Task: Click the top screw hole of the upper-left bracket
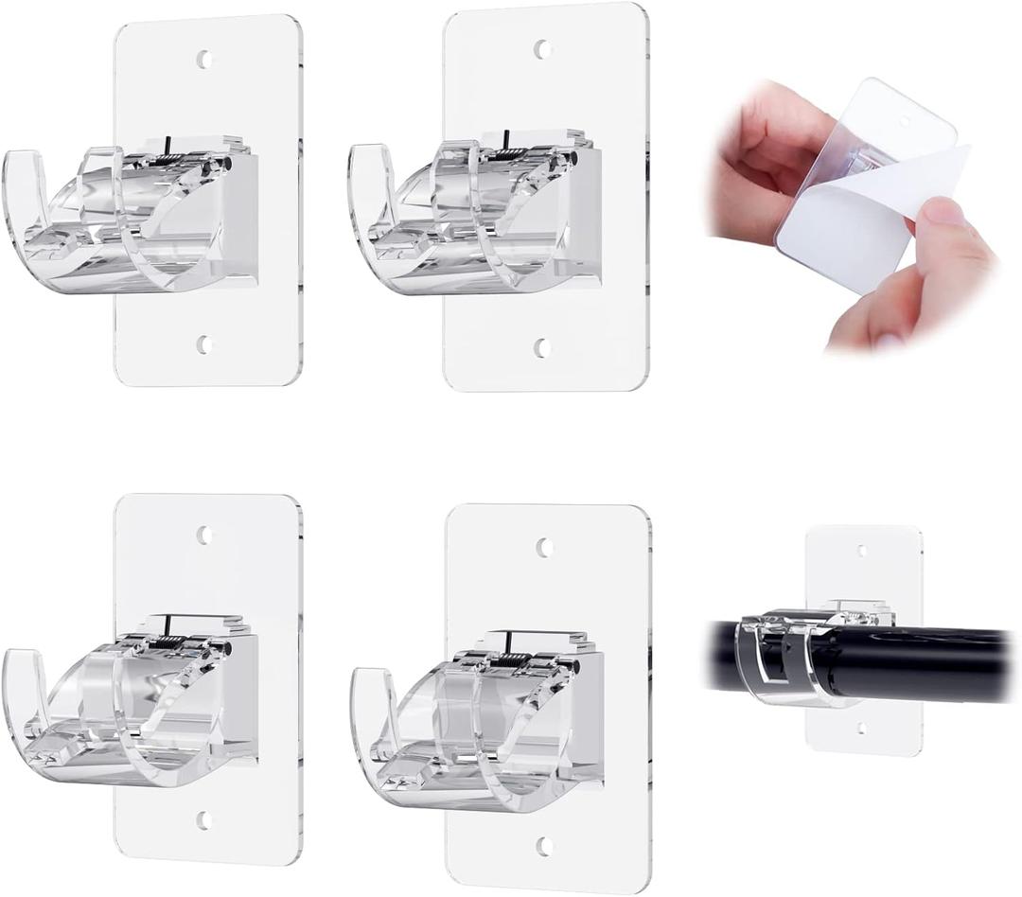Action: (203, 60)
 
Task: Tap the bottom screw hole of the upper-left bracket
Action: (203, 344)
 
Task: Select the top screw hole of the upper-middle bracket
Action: (543, 48)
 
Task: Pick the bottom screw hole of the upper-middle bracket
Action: (543, 347)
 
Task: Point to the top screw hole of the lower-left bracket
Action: (204, 535)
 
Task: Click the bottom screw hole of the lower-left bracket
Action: (204, 820)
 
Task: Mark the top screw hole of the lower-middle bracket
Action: (545, 547)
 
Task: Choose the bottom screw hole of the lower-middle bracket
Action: (545, 845)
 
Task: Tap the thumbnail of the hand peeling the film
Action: (852, 213)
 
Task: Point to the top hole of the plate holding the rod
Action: (861, 550)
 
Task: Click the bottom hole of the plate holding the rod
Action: (861, 729)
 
